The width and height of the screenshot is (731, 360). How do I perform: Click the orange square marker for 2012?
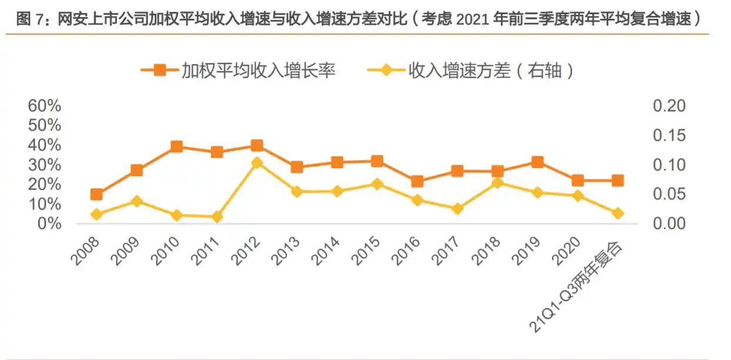click(257, 145)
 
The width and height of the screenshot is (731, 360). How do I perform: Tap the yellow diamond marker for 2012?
click(257, 163)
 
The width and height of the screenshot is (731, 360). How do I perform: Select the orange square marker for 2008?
click(97, 195)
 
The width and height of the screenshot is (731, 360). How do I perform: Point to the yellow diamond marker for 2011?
click(217, 217)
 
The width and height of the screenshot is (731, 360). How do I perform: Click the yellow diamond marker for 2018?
click(497, 183)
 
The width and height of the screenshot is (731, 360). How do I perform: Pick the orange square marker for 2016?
click(417, 181)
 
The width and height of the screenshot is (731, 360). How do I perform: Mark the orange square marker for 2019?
click(537, 162)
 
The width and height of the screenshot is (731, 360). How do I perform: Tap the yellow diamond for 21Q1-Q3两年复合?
click(617, 214)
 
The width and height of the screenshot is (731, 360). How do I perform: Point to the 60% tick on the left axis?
click(45, 106)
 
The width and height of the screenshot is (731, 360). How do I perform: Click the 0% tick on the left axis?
click(49, 224)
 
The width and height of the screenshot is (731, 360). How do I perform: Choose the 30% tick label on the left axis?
click(45, 165)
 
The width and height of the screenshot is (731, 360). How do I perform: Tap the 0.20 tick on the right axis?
click(669, 106)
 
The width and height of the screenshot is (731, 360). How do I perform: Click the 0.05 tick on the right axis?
click(669, 194)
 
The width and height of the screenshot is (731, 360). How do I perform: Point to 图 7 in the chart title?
click(31, 19)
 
